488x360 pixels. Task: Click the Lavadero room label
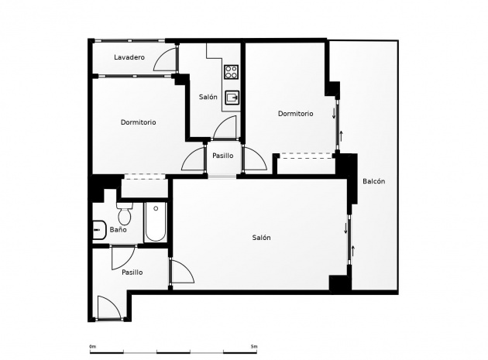coord(129,57)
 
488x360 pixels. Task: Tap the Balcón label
coord(374,181)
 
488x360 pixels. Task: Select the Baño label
coord(118,230)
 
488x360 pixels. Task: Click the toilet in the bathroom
coord(125,213)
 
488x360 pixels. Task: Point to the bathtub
coord(156,222)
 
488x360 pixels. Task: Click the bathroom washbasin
coord(100,230)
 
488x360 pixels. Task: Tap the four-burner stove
coord(232,72)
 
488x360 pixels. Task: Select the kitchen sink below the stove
coord(232,98)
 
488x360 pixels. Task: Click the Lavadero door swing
coord(165,59)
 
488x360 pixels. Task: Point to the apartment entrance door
coord(108,307)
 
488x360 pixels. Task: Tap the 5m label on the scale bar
coord(253,346)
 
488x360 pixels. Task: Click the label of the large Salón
coord(262,238)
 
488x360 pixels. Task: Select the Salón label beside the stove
coord(208,97)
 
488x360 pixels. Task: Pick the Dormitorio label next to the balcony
coord(295,114)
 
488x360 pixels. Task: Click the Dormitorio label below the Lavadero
coord(138,122)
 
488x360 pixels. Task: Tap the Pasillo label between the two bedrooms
coord(223,156)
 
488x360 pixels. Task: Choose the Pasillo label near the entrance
coord(132,273)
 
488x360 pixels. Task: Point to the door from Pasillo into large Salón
coord(181,271)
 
